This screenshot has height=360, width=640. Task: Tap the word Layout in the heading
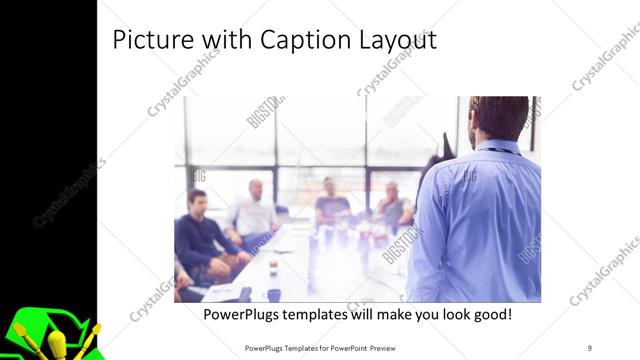tap(388, 41)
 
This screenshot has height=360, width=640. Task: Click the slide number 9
tap(590, 347)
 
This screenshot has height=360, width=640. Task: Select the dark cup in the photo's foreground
tap(273, 294)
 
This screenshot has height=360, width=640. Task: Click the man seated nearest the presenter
tap(392, 205)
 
